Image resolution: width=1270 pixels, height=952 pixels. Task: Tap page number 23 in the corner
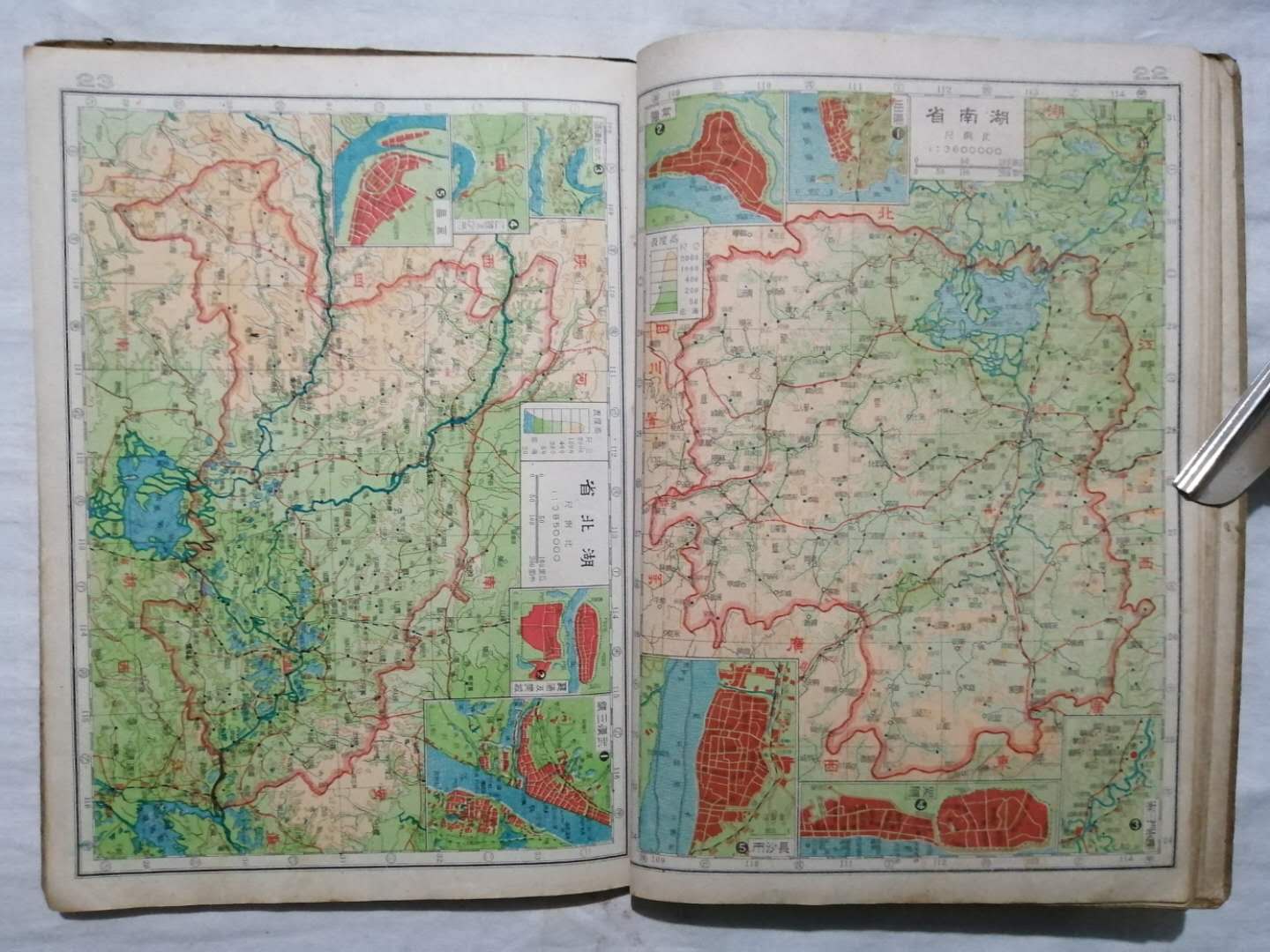coord(97,80)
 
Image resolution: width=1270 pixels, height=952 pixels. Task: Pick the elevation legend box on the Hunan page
coord(673,276)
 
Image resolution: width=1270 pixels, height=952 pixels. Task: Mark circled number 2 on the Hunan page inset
coord(660,130)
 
